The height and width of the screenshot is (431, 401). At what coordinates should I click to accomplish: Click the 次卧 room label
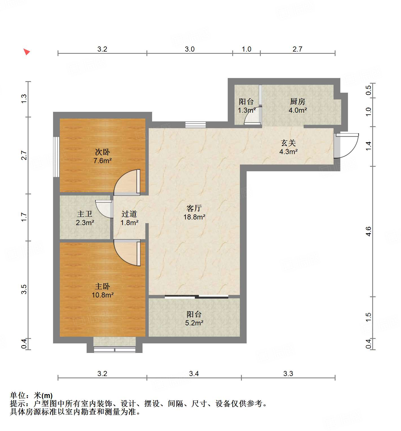tap(102, 152)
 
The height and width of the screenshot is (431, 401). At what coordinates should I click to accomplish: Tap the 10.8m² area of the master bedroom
tap(102, 295)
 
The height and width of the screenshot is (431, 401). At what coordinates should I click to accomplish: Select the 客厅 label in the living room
tap(194, 208)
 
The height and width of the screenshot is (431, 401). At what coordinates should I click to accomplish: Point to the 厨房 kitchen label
tap(297, 101)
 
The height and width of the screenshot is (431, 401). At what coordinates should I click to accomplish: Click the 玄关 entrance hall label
tap(288, 143)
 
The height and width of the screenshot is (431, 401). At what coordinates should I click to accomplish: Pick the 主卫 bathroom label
tap(85, 214)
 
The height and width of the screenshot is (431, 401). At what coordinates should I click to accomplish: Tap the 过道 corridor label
tap(129, 214)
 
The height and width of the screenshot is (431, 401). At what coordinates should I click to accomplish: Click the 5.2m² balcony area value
tap(194, 323)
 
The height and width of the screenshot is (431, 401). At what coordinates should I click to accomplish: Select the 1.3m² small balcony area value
tap(247, 110)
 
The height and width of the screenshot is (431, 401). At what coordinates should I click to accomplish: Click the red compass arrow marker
tap(27, 52)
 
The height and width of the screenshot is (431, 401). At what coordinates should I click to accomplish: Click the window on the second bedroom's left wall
tap(56, 157)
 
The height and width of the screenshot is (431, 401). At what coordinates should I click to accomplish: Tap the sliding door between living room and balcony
tap(196, 296)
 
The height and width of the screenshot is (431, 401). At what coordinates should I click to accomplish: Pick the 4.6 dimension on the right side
tap(368, 231)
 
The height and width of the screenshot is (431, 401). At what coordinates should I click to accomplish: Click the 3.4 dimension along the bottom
tap(194, 374)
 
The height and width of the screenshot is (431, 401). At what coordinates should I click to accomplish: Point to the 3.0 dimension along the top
tap(190, 49)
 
